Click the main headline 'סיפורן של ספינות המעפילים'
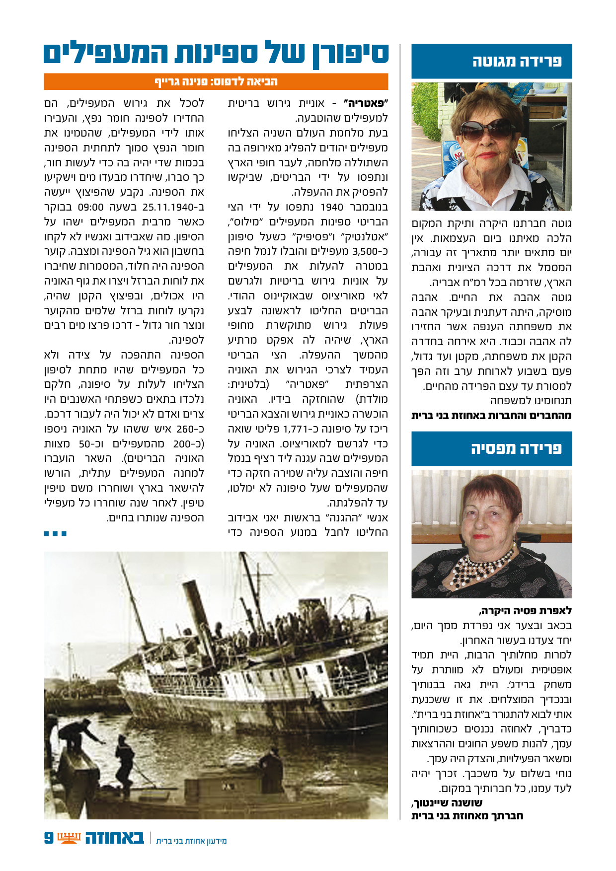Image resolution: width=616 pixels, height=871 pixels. click(x=216, y=54)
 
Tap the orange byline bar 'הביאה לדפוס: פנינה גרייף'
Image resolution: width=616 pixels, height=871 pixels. click(x=216, y=81)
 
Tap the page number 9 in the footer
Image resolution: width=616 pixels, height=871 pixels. click(x=49, y=838)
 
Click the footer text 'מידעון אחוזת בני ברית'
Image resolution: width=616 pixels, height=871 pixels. click(x=191, y=841)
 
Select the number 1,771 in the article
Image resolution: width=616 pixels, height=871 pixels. click(x=296, y=429)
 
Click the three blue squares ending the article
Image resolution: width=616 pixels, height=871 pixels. click(x=55, y=534)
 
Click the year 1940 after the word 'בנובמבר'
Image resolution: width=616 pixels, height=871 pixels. click(x=332, y=207)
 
